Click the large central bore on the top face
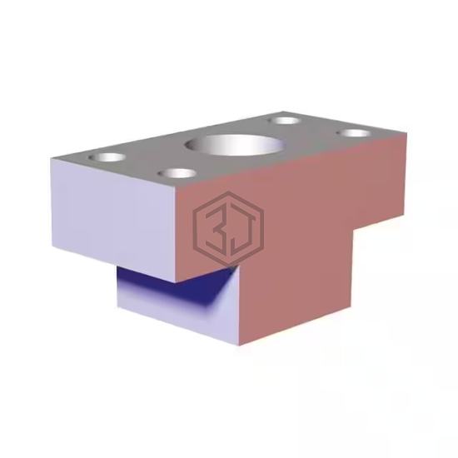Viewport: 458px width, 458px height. pos(235,145)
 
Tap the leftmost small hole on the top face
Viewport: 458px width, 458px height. pos(107,157)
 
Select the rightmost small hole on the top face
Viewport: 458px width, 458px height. pos(354,133)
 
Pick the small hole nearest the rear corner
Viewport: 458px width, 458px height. pos(284,121)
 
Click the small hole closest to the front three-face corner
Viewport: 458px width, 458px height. pos(177,173)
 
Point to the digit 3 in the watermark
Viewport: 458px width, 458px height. pos(216,227)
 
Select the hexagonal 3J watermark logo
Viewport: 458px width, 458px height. pos(228,229)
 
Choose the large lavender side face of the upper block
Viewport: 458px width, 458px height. pos(114,219)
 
